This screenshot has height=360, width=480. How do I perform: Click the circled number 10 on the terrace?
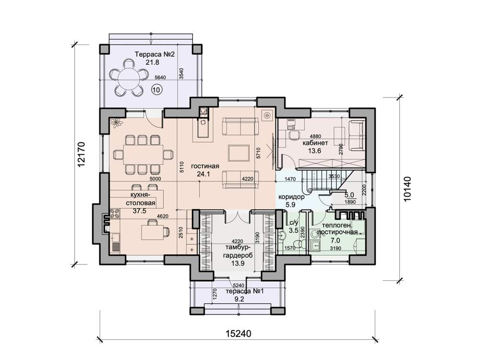coord(156,90)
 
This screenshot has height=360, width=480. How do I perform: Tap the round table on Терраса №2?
coord(127,77)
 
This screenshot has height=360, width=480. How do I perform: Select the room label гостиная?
coord(205,166)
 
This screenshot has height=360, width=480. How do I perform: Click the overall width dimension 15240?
coord(239,334)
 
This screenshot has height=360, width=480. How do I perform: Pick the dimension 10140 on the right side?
coord(407,189)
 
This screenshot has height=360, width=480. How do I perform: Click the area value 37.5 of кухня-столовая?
coord(140,211)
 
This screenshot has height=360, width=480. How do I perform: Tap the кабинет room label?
coord(315,143)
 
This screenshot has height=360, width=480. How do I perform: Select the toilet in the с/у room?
coord(299,244)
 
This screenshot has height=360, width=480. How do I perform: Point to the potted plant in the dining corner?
coord(117,123)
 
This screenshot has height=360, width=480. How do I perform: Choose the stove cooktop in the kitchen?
coord(115,213)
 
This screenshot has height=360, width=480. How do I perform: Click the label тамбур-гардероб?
coord(238,252)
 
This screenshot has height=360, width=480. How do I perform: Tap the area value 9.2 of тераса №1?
coord(239,299)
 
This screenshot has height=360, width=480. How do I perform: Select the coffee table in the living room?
coord(239,153)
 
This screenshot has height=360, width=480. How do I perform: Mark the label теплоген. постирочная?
coord(337,229)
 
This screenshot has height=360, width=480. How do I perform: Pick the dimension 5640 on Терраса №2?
coord(160,77)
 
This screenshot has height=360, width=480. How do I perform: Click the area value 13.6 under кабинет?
coord(315,151)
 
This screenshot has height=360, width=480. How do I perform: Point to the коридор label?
coord(291,197)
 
